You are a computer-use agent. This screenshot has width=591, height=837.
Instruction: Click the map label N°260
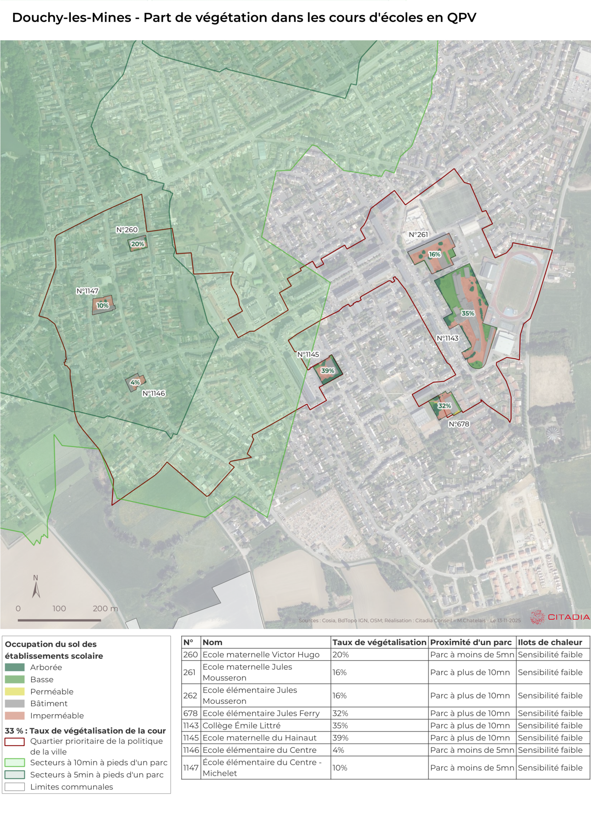127,230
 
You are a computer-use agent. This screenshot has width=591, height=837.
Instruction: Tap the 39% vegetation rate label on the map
328,371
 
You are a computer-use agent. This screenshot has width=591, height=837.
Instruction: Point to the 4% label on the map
135,382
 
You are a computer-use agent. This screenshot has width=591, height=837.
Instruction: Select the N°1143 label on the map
448,338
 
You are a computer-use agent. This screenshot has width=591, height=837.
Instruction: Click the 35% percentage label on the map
468,313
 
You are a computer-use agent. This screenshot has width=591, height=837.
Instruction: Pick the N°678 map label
459,424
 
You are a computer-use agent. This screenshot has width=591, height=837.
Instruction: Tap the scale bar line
59,620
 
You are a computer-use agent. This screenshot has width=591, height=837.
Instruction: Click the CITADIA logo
560,617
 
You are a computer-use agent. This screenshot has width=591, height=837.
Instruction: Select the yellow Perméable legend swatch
14,692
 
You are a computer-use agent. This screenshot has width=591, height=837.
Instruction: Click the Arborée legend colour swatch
14,667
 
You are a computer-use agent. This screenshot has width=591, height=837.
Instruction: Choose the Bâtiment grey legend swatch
14,704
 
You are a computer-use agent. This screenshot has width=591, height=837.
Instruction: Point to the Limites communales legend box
14,787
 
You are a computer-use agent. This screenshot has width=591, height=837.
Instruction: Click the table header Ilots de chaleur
550,642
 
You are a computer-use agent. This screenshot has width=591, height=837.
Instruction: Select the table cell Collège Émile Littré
241,725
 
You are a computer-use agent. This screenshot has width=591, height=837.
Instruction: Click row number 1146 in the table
191,750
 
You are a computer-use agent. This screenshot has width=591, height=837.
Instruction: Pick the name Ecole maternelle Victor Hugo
261,655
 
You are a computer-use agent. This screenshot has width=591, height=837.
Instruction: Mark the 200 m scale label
105,608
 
